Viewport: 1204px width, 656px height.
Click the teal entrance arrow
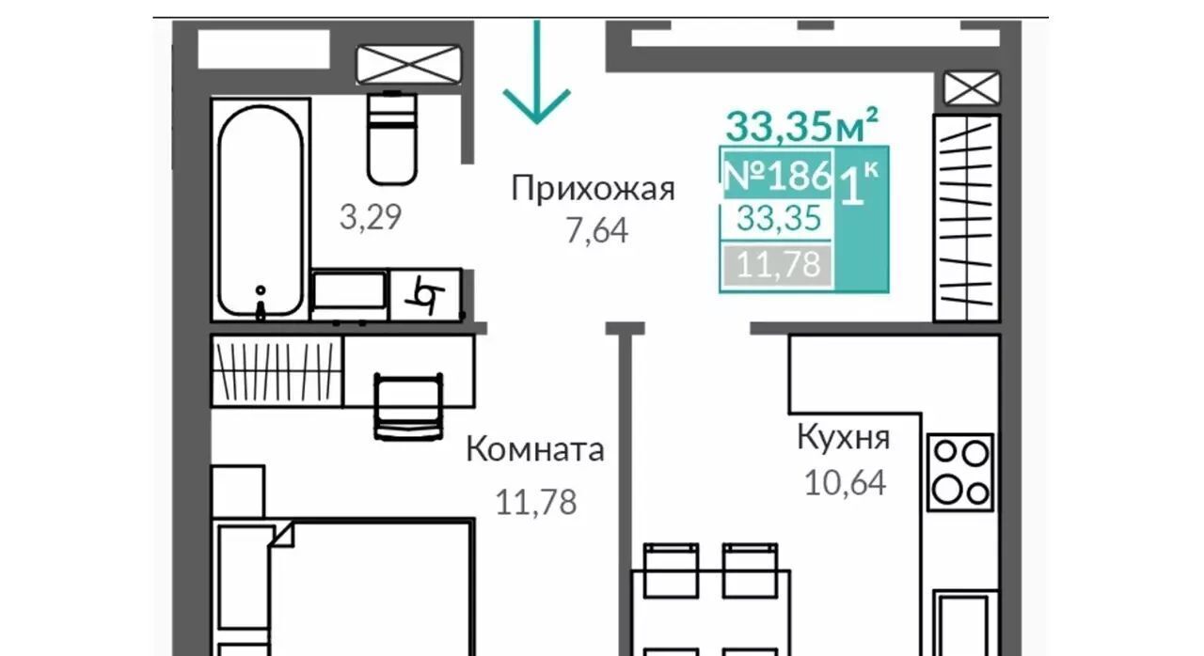click(x=536, y=72)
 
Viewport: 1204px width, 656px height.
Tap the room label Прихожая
click(x=593, y=189)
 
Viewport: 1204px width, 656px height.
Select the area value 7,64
click(x=597, y=231)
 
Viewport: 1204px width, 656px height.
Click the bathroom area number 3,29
click(x=371, y=217)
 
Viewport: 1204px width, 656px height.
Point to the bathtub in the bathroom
click(x=261, y=211)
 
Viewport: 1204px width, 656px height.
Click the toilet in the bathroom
click(x=392, y=138)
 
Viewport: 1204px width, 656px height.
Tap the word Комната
click(x=535, y=449)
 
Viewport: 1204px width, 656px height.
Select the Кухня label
click(x=844, y=439)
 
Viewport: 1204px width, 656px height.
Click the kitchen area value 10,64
click(x=845, y=482)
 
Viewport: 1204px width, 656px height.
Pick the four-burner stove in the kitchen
click(x=960, y=473)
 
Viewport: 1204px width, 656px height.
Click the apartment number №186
click(x=778, y=175)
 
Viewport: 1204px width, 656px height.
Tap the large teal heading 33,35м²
click(x=802, y=125)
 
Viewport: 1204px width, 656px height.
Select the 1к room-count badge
click(x=859, y=184)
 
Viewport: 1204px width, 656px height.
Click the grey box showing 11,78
click(x=778, y=265)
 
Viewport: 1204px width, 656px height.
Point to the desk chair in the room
click(x=409, y=407)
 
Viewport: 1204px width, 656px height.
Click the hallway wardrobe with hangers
click(x=966, y=218)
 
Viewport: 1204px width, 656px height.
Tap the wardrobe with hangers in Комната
click(x=277, y=371)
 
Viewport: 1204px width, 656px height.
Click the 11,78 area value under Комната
click(x=536, y=503)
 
